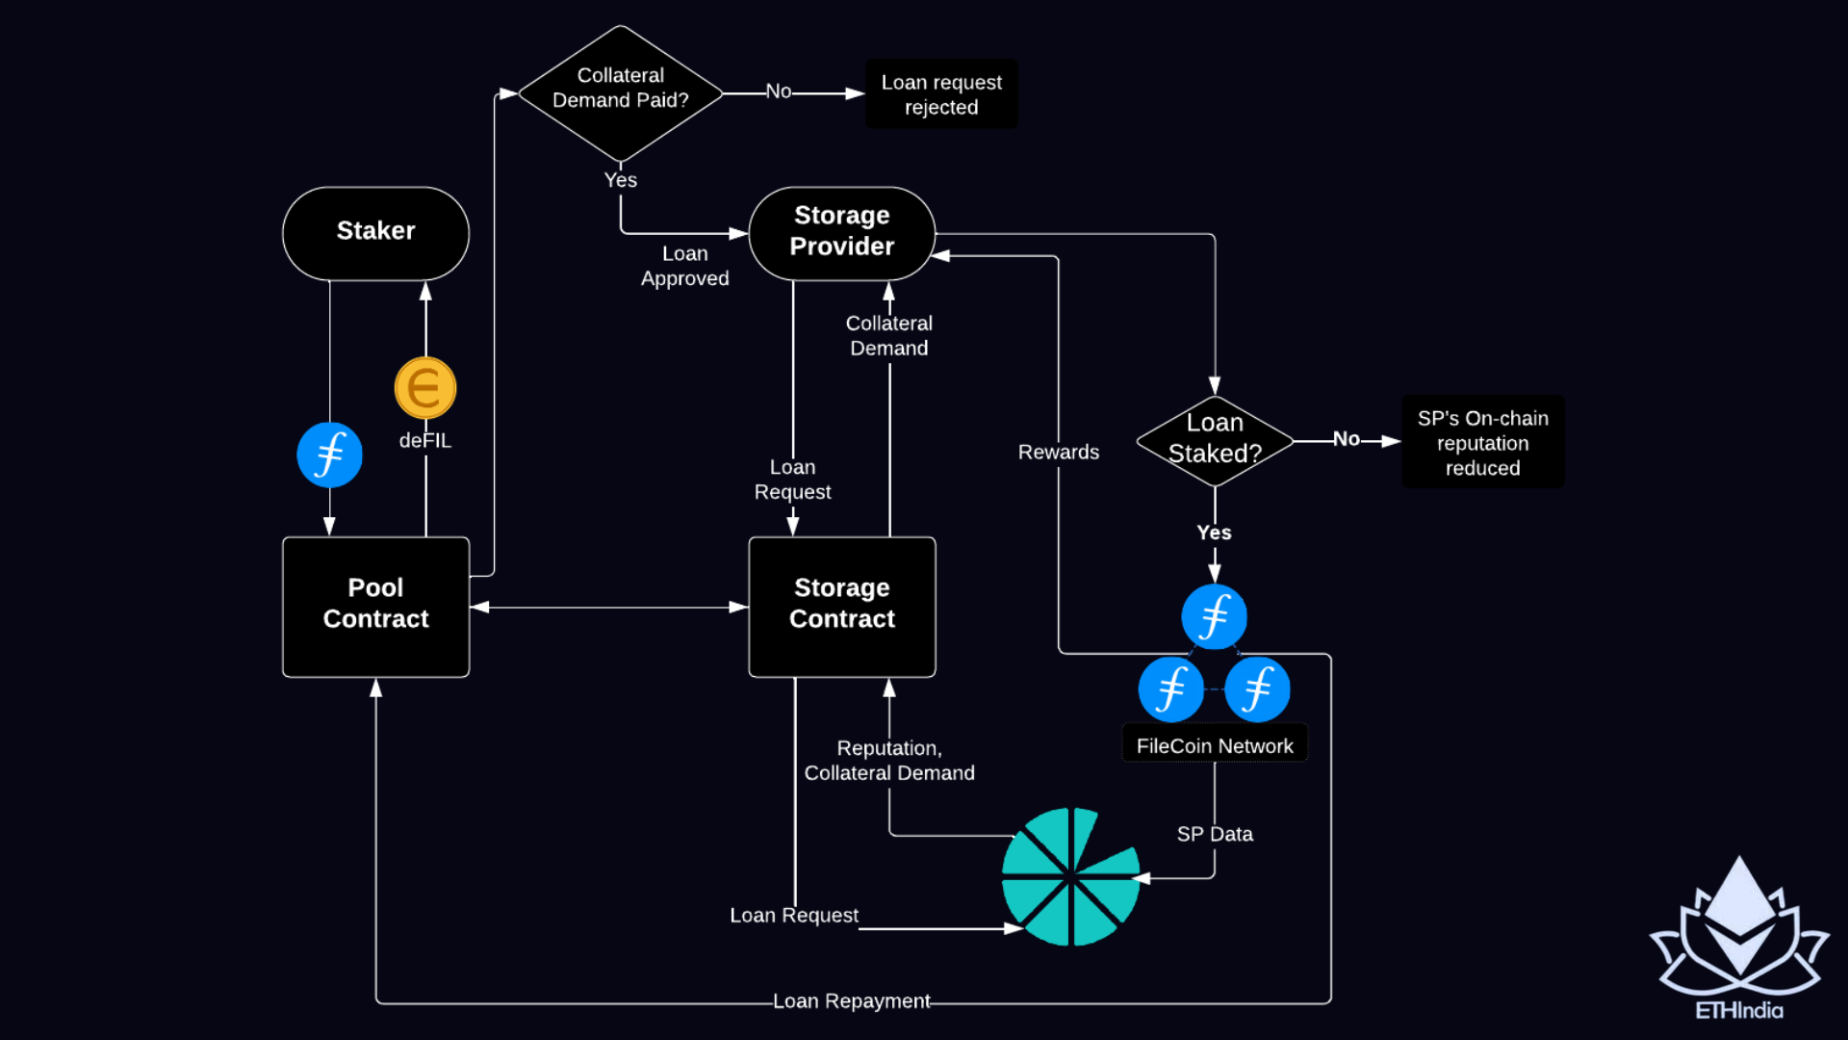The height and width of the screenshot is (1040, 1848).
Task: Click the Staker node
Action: pos(375,232)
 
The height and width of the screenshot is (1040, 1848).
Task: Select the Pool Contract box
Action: pos(375,606)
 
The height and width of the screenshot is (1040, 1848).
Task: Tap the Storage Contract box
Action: pos(841,606)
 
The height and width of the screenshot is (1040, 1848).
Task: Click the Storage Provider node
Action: pos(841,232)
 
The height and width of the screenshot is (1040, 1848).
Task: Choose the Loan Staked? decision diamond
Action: pos(1214,439)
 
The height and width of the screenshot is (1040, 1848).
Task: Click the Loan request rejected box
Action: pos(940,94)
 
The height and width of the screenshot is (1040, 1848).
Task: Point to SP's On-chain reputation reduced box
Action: pos(1482,442)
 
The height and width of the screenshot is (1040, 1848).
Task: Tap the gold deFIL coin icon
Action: pos(424,387)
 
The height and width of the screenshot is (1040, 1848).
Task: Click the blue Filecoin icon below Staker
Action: pos(329,455)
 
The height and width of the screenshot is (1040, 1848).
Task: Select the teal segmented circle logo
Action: pos(1070,876)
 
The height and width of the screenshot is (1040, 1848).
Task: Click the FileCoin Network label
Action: pos(1214,745)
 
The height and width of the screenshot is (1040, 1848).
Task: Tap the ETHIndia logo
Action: pos(1738,939)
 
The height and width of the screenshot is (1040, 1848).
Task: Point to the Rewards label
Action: pos(1058,452)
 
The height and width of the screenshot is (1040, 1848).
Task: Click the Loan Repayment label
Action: pos(851,1001)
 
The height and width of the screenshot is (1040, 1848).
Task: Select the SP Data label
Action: pos(1214,834)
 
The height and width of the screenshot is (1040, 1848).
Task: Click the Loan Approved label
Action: pos(684,266)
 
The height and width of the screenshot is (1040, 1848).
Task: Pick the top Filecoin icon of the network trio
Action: pos(1214,616)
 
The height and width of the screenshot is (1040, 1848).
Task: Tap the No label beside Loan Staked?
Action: pos(1346,439)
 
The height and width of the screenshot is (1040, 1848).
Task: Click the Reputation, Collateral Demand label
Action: pos(888,760)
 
